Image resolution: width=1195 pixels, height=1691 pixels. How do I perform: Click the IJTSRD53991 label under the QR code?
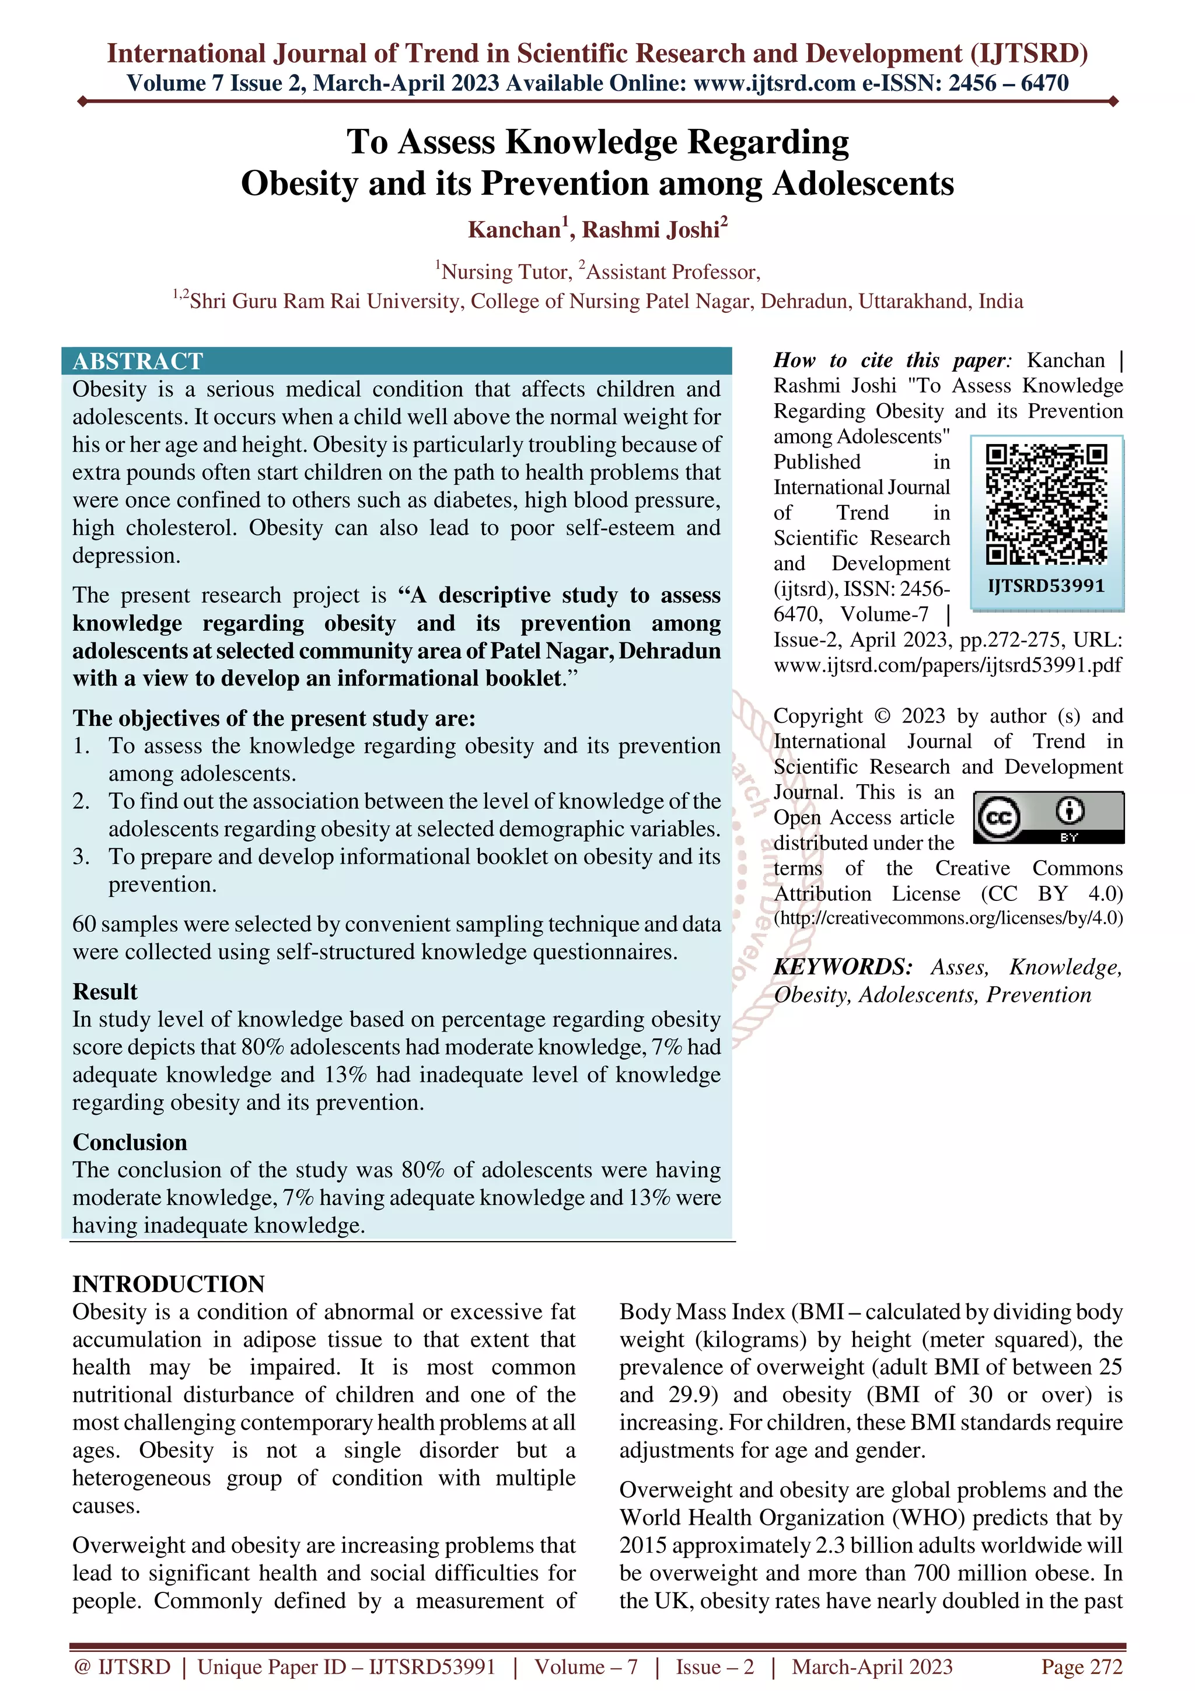coord(1046,586)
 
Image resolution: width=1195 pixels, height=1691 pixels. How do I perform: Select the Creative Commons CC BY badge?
coord(1049,817)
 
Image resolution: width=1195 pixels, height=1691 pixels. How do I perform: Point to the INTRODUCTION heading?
coord(168,1284)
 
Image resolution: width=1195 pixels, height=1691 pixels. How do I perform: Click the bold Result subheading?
coord(104,991)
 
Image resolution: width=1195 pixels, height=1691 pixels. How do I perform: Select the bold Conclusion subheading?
coord(130,1143)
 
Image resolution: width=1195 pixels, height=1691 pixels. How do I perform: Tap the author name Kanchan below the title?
coord(515,230)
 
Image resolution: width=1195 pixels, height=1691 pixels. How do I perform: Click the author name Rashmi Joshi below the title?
coord(651,230)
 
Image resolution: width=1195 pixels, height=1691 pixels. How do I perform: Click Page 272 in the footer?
coord(1081,1666)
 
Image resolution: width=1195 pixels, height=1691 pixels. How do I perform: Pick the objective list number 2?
coord(81,801)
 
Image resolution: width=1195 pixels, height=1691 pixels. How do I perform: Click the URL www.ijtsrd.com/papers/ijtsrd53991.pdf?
coord(948,665)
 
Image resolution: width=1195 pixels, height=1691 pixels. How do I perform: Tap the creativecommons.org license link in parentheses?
coord(948,918)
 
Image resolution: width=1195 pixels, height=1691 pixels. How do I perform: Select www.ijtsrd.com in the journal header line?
coord(774,83)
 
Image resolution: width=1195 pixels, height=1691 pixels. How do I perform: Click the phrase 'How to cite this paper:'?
coord(892,360)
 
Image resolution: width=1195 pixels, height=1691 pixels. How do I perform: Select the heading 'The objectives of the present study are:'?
coord(274,718)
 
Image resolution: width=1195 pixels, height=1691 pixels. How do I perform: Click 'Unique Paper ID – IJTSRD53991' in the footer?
coord(346,1666)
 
